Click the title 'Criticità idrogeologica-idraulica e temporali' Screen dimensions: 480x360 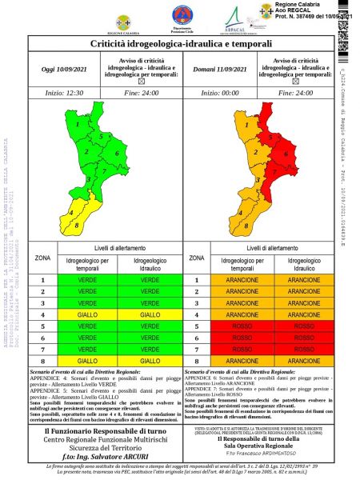181,44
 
